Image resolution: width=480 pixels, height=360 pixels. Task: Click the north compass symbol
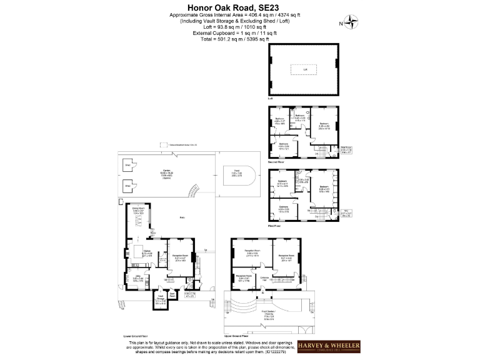click(352, 24)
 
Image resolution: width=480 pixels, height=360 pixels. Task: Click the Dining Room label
click(138, 212)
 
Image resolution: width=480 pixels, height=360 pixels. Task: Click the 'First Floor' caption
click(274, 226)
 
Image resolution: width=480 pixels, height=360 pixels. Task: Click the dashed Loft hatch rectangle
click(306, 69)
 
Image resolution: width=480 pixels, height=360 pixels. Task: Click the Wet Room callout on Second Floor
click(346, 150)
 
